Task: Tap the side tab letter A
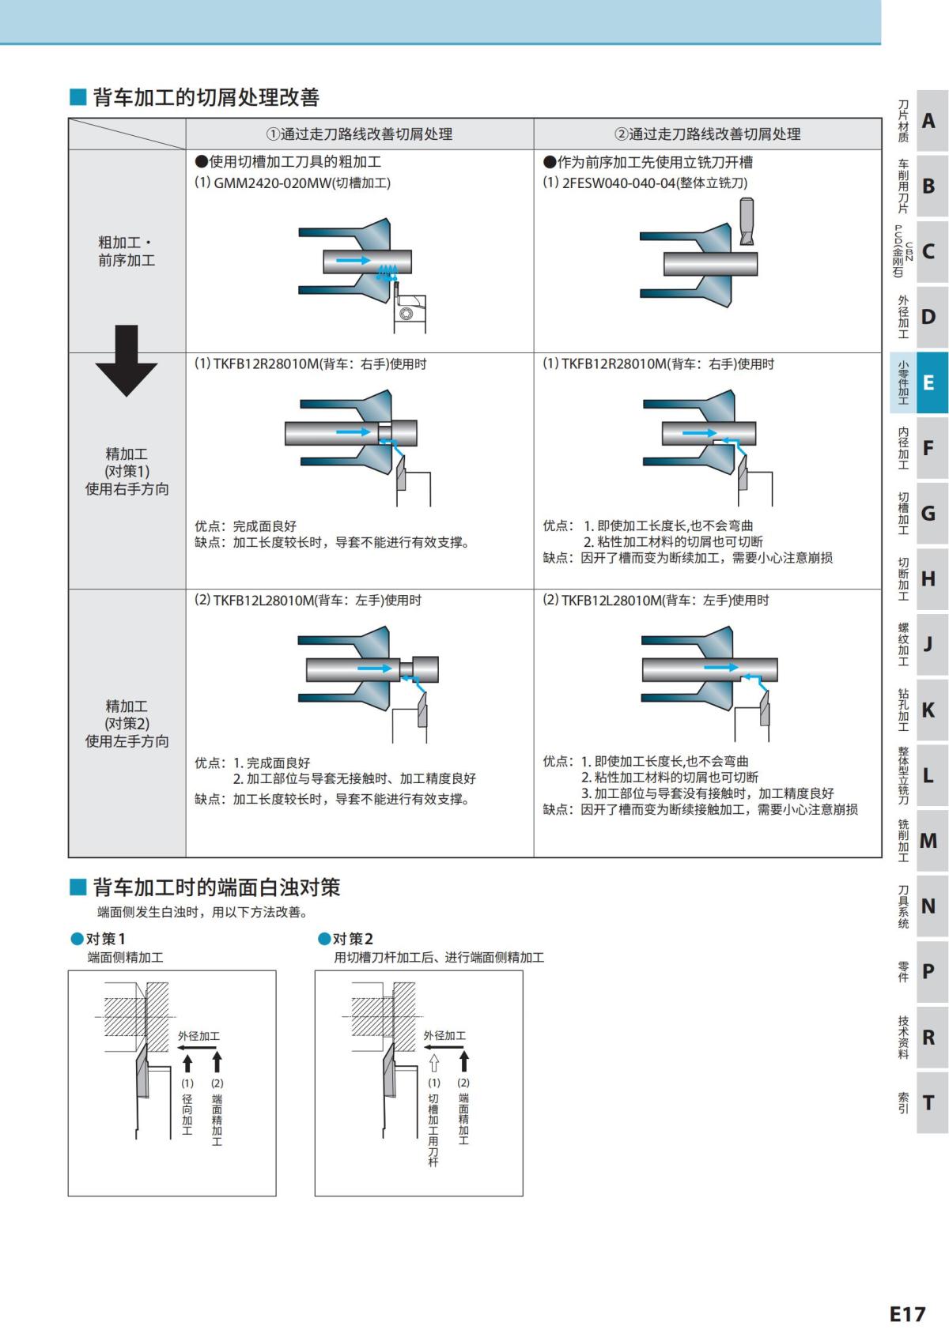tap(928, 121)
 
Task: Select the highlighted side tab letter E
tap(928, 383)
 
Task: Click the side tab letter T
tap(928, 1103)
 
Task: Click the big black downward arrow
tap(127, 360)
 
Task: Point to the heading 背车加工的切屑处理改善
tap(206, 98)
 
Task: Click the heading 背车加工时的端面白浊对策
tap(216, 887)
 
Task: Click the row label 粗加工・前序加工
tap(127, 251)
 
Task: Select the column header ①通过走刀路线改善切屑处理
tap(359, 134)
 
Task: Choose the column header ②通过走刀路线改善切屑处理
tap(707, 134)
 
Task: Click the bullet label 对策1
tap(105, 939)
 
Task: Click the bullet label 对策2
tap(352, 939)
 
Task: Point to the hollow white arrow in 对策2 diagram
tap(433, 1062)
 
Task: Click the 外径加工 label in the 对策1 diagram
tap(198, 1036)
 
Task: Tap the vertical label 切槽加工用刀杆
tap(433, 1131)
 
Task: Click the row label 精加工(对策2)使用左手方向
tap(127, 724)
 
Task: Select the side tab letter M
tap(928, 841)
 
